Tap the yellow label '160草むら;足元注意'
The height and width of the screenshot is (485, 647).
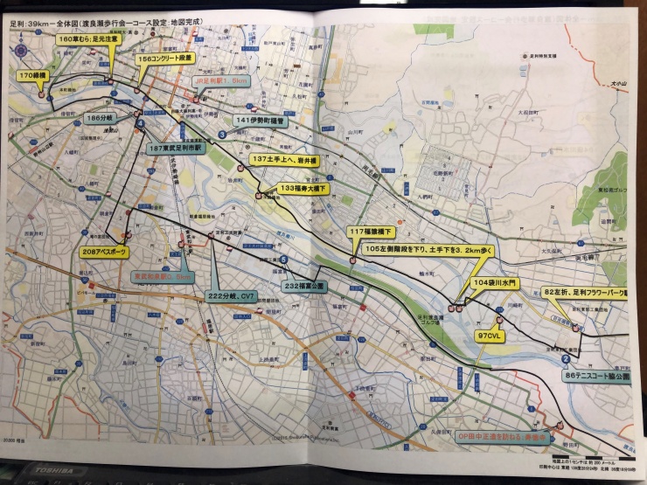88,40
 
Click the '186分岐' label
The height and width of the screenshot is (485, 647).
99,116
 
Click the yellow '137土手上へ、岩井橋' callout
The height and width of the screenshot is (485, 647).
289,159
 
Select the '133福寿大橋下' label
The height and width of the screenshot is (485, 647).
303,188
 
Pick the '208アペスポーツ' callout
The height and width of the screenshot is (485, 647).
103,252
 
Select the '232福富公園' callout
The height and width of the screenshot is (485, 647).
304,286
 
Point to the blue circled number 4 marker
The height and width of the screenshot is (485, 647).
140,124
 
